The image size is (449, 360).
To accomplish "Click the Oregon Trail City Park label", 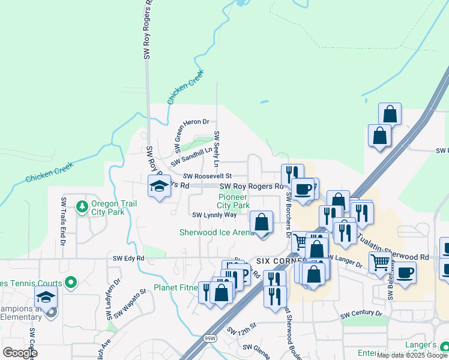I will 113,208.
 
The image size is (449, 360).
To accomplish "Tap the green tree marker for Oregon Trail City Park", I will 82,208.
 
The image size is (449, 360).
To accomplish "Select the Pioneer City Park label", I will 234,201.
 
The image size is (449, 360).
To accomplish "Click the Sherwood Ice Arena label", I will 217,232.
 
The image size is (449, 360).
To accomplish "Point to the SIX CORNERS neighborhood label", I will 278,262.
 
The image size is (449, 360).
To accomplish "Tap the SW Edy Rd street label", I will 128,258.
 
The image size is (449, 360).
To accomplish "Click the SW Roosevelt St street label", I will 208,176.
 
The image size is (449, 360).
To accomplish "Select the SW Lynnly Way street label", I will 214,215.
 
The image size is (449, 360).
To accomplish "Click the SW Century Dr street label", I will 361,314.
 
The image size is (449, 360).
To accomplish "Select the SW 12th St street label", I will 242,328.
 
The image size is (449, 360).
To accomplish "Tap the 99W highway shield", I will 209,338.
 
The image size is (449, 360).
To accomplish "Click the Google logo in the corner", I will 20,352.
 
